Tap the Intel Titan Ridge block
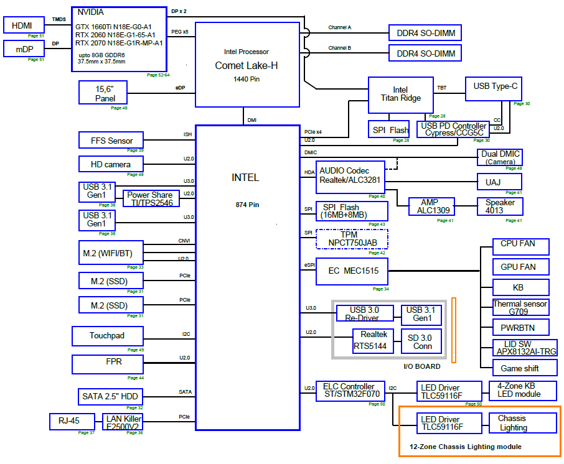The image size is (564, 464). pos(400,94)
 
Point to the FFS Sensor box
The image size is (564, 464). pos(111,141)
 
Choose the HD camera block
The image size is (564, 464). pos(111,164)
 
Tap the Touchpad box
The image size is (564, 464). pos(107,336)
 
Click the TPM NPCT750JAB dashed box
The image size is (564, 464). pos(352,239)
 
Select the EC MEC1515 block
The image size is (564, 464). pos(352,271)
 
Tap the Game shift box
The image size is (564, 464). pos(520,368)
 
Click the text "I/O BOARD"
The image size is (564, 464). pos(422,366)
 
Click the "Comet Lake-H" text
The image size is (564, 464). pos(247,65)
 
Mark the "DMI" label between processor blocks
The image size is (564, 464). pos(251,120)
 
